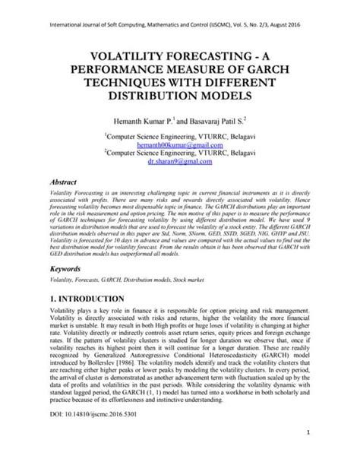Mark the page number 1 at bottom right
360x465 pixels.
[x=311, y=453]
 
